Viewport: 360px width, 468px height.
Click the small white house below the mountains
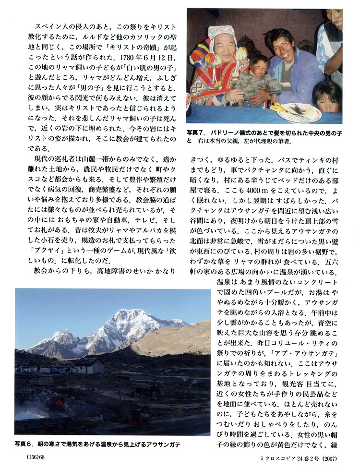(x=88, y=366)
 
